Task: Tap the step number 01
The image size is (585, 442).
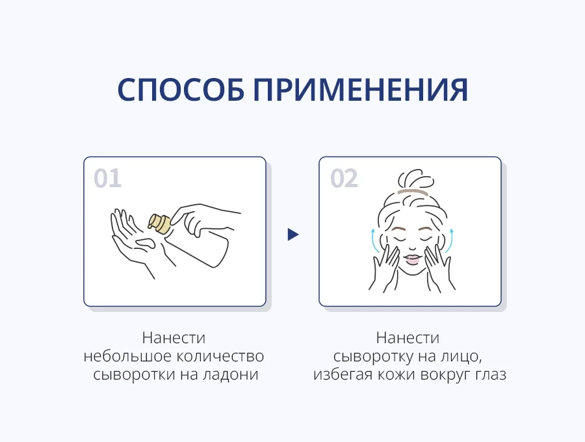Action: [x=107, y=178]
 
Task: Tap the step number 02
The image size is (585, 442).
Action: [x=344, y=178]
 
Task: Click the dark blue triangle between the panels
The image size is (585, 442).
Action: [x=293, y=235]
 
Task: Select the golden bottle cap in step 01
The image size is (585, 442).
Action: [x=161, y=224]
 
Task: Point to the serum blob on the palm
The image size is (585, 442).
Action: [x=146, y=244]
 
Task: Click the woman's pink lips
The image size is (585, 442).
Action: [x=413, y=259]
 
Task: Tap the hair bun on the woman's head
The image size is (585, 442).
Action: [x=415, y=180]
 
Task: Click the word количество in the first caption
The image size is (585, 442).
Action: [x=220, y=356]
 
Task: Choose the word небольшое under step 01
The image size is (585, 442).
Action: [x=127, y=356]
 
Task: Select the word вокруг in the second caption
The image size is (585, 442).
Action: [x=445, y=375]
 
